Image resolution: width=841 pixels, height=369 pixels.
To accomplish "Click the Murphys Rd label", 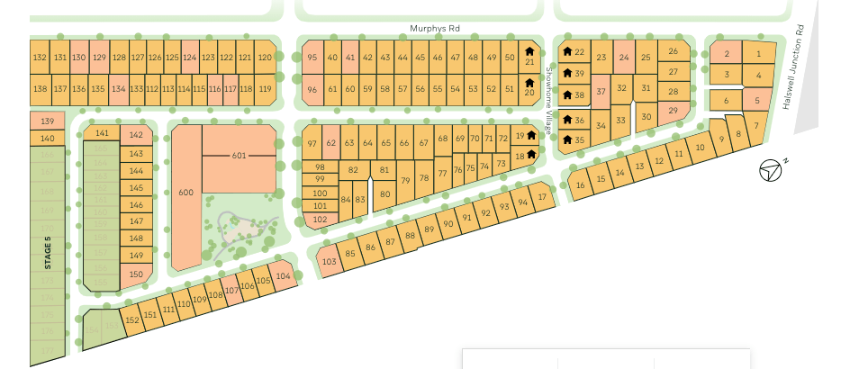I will click(435, 29).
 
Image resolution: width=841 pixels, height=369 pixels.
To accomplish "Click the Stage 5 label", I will click(48, 253).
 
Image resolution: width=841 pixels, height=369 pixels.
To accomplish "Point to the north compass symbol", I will click(770, 170).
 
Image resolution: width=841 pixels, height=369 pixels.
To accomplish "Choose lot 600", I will click(186, 193).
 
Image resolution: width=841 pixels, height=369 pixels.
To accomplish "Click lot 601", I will click(239, 156).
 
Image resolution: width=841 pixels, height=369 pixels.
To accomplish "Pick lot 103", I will click(329, 261).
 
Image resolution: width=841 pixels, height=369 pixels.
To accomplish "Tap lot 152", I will click(132, 319).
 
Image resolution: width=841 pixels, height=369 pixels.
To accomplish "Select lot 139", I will click(48, 121).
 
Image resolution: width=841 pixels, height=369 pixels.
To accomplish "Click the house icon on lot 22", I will click(567, 51).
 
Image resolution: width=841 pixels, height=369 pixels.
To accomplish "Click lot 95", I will click(312, 57).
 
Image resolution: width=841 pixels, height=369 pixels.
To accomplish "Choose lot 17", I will click(542, 197).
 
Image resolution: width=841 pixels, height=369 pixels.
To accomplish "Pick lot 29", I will click(673, 110).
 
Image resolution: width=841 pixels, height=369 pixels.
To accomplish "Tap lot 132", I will click(40, 57).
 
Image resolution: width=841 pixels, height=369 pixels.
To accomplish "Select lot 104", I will click(284, 276).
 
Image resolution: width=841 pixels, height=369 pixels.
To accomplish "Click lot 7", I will click(756, 126).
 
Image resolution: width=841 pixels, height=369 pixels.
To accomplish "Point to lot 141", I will click(102, 133).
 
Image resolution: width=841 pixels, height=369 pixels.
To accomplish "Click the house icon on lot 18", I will click(531, 154).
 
